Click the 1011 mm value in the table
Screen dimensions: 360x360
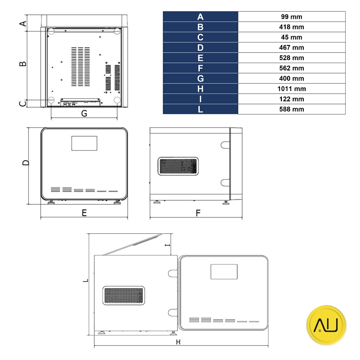[292, 89]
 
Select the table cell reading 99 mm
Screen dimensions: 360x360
[292, 17]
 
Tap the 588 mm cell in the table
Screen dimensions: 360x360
[292, 109]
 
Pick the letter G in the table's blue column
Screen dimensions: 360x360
[201, 78]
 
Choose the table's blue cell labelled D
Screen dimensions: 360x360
[201, 48]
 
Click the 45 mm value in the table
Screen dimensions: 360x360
[292, 37]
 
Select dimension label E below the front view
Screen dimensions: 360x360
[84, 213]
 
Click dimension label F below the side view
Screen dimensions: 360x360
[198, 213]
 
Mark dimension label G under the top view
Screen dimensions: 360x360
[84, 113]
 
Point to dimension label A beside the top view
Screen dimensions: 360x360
[23, 23]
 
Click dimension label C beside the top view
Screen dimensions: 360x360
[23, 103]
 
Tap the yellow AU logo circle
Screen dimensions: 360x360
[326, 325]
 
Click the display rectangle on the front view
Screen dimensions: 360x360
[84, 143]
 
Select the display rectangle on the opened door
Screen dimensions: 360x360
[224, 271]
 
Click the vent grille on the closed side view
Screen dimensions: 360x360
[178, 166]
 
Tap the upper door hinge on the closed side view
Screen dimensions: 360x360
[226, 145]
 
